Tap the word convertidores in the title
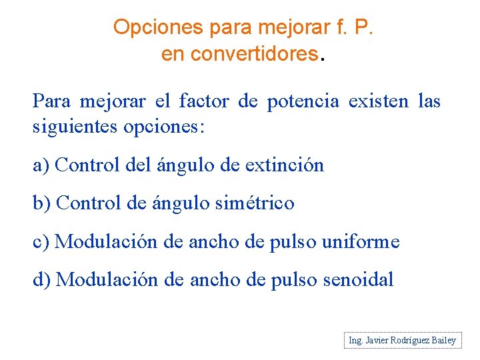pyautogui.click(x=253, y=54)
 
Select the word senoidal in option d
pyautogui.click(x=358, y=279)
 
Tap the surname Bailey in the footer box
pyautogui.click(x=443, y=341)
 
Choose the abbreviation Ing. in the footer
pyautogui.click(x=355, y=341)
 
